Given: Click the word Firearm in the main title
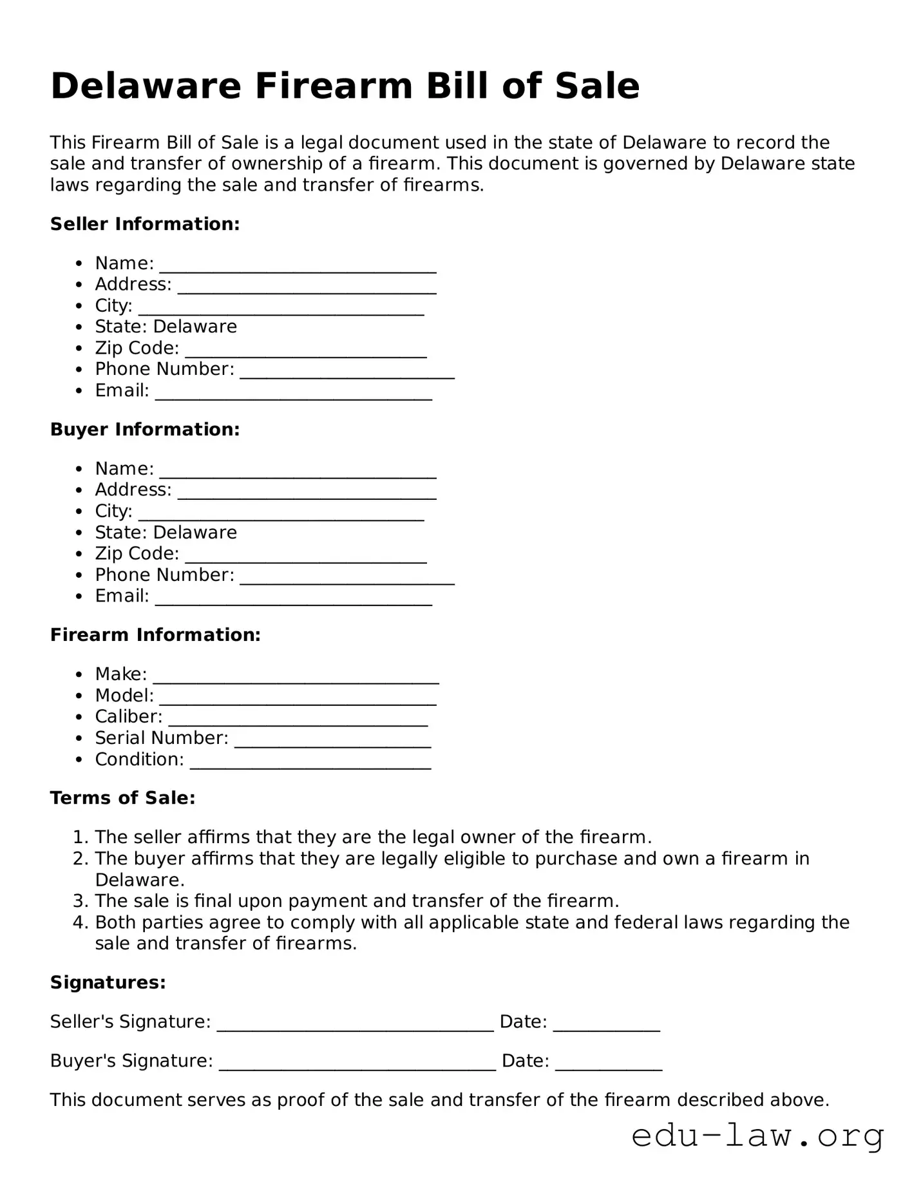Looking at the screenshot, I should point(332,86).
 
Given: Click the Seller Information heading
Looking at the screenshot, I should point(145,224).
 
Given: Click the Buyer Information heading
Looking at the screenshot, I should point(145,430).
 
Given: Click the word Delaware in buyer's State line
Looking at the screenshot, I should point(195,533).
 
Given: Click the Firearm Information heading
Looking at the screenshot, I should point(155,635).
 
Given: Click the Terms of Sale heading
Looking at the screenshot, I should point(122,798).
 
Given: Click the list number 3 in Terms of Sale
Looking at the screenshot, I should point(79,900).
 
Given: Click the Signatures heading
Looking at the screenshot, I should point(108,982).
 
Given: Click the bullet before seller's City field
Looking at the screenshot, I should point(79,306).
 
